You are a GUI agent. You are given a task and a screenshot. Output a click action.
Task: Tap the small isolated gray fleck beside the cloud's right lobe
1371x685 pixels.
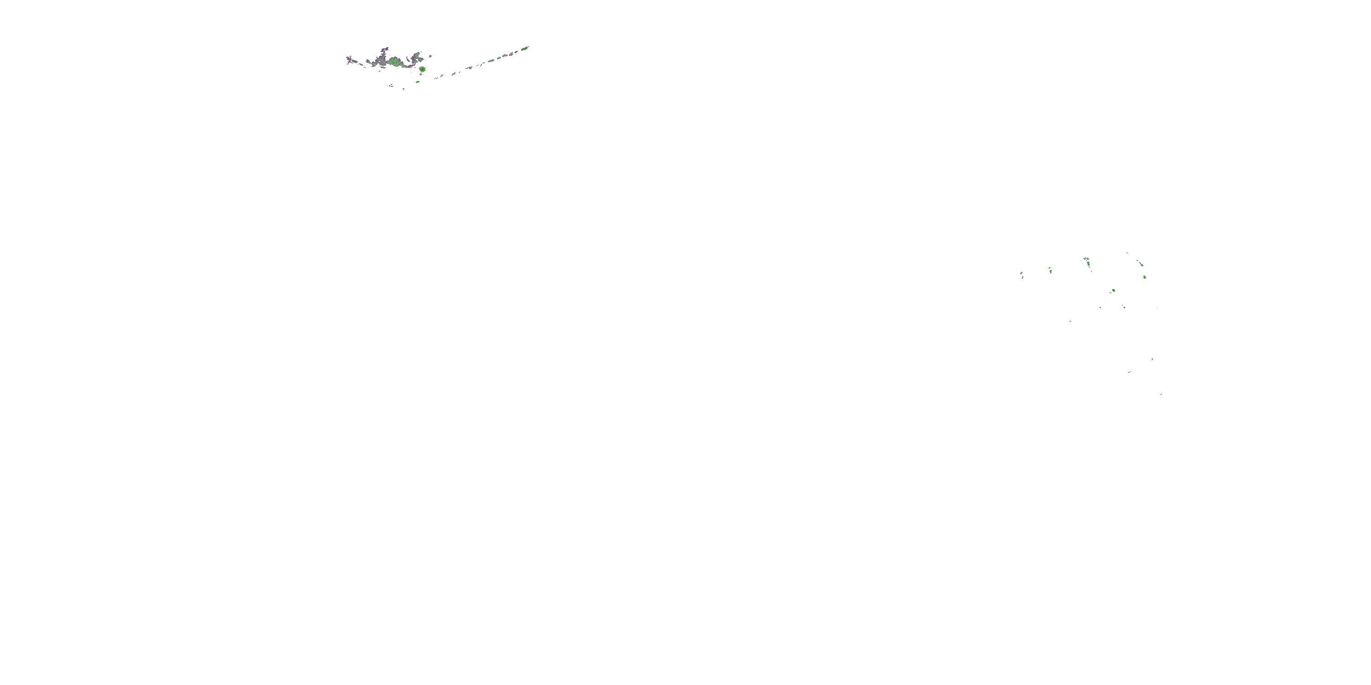(430, 56)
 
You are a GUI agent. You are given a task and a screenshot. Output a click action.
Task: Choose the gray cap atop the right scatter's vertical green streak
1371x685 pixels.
(1086, 259)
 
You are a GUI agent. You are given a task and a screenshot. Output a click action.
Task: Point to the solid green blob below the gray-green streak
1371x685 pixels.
(1144, 277)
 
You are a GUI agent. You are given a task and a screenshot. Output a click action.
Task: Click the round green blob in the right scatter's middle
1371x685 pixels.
(1113, 290)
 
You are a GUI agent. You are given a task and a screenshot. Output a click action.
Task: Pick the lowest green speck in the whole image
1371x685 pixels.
(1161, 394)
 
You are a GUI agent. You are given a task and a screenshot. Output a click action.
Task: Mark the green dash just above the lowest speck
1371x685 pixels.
(1129, 372)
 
